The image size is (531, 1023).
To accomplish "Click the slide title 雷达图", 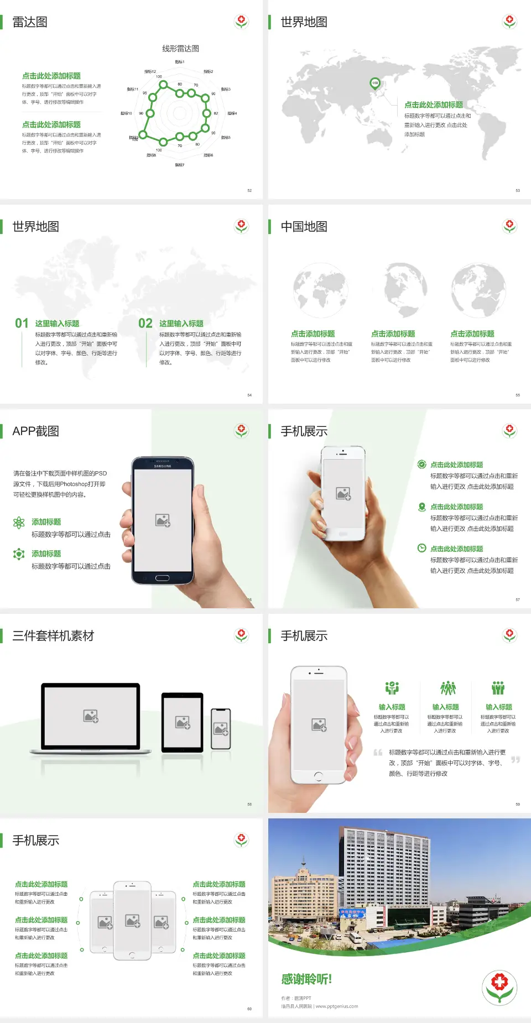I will point(30,22).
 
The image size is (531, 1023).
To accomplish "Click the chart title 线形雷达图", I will point(180,49).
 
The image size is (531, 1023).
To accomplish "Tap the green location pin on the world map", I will point(374,83).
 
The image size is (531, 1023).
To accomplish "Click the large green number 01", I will point(22,323).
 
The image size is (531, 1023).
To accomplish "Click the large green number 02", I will point(145,323).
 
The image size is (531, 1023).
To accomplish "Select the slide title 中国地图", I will point(304,227).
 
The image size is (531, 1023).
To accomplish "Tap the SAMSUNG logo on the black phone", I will point(163,466).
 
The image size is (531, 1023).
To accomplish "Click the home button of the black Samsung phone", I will point(162,578).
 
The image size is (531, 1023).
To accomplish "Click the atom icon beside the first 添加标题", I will point(19,523).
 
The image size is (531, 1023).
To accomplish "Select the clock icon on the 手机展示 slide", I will point(421,548).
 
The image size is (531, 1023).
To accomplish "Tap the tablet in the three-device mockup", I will point(183,722).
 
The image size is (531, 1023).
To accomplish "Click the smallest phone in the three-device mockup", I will point(221,729).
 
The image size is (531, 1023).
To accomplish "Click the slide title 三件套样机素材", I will point(53,636).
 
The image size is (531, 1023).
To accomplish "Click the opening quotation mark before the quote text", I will point(378,753).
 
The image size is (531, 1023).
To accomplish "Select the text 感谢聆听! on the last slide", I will point(306,979).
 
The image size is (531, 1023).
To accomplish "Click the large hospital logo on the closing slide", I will point(499,987).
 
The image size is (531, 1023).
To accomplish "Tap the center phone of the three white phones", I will point(132,921).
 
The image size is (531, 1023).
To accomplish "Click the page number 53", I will point(518,190).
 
